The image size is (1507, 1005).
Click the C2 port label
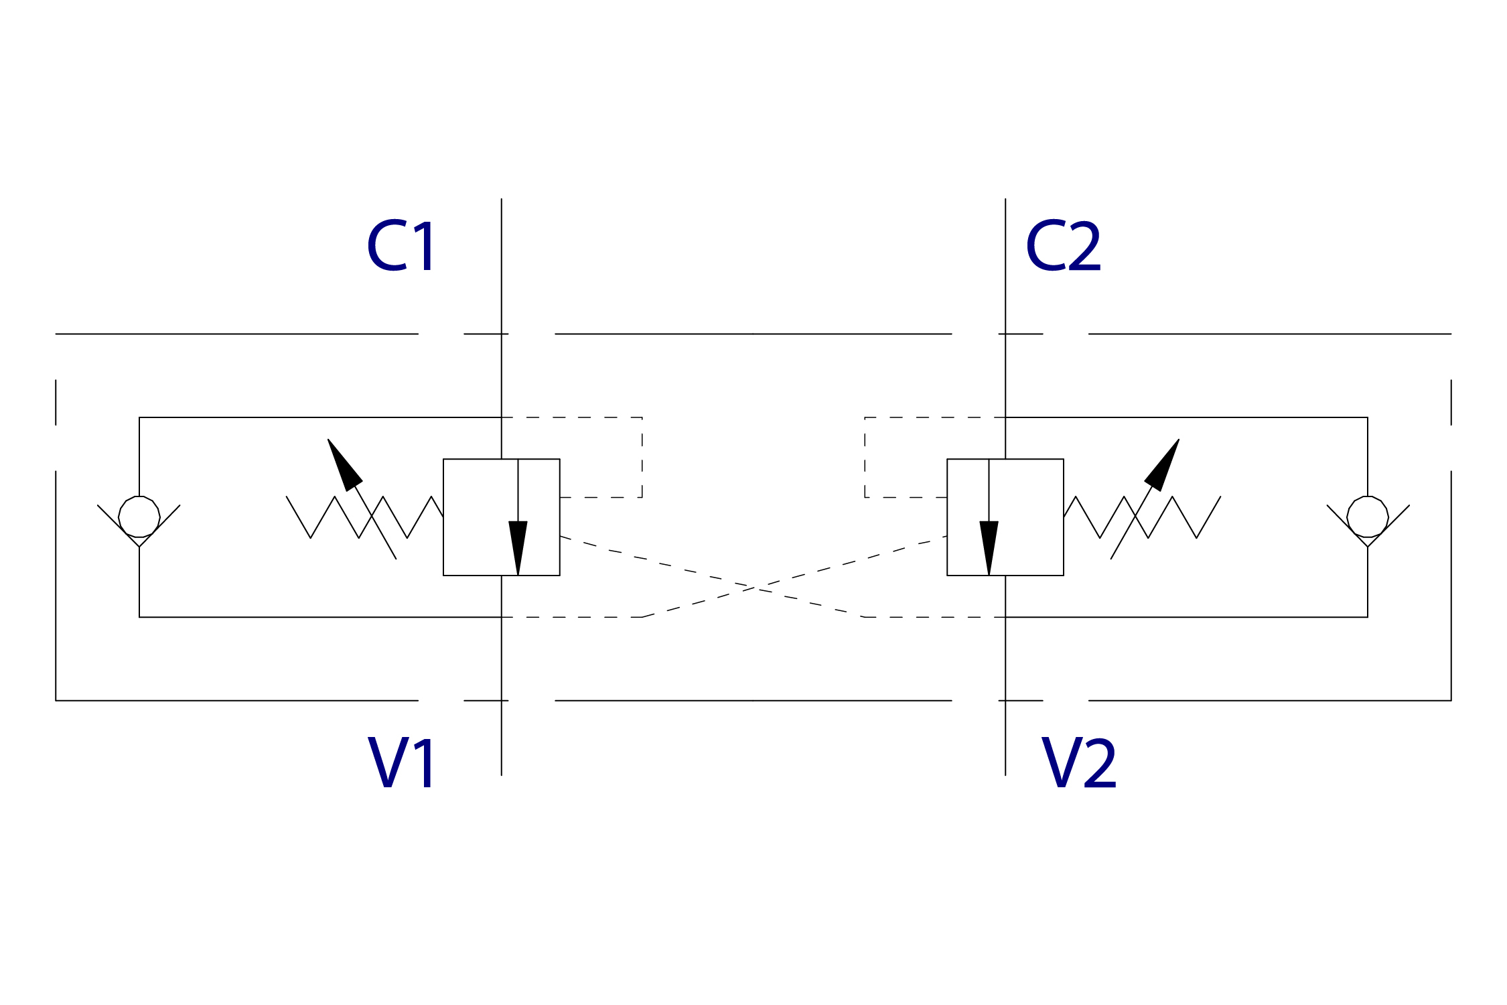coord(1063,246)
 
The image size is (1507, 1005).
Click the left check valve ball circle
coord(139,517)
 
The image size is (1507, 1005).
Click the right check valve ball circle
coord(1368,517)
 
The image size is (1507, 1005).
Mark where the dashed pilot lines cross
coord(753,588)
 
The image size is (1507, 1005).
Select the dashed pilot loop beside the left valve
coord(642,458)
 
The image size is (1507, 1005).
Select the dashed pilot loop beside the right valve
coord(865,458)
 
